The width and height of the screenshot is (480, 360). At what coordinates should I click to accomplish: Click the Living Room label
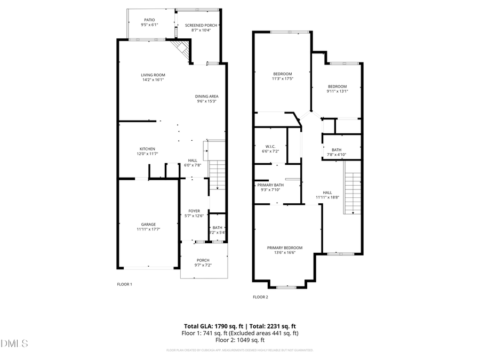(153, 75)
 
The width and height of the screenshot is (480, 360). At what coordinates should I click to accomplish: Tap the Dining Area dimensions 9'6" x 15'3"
(207, 101)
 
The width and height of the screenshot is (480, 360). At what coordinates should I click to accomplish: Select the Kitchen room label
(148, 149)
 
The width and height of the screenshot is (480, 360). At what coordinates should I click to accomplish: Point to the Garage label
(148, 225)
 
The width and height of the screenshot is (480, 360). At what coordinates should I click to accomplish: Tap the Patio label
(149, 20)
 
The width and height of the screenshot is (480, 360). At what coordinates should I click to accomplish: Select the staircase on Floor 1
(217, 176)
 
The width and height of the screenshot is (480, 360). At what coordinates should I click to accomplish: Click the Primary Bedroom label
(285, 247)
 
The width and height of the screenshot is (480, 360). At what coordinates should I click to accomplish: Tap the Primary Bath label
(271, 185)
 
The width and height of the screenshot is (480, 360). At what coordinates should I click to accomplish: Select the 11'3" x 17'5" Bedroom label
(283, 74)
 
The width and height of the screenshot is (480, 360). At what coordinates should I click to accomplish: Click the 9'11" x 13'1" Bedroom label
(337, 87)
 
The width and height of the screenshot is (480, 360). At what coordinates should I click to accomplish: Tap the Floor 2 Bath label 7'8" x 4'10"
(337, 150)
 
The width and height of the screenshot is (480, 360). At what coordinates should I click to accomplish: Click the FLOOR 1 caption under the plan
(124, 284)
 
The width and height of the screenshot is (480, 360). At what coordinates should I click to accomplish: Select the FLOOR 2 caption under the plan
(260, 297)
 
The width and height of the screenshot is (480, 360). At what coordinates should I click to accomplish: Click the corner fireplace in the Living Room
(182, 50)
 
